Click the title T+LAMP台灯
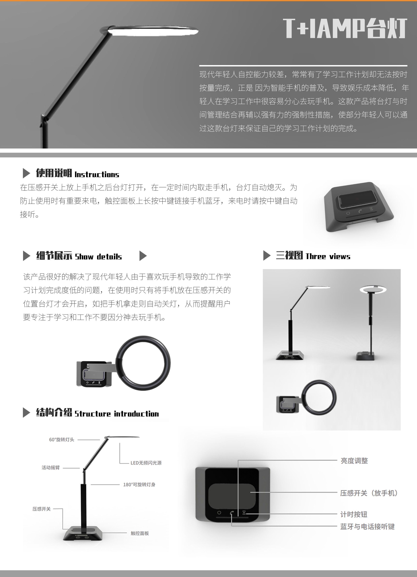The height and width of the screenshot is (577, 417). (x=345, y=29)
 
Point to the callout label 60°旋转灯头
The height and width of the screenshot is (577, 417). (x=62, y=440)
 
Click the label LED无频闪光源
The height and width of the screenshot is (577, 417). (x=146, y=463)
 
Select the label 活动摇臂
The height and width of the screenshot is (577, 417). (x=51, y=468)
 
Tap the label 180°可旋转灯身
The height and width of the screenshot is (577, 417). (x=139, y=485)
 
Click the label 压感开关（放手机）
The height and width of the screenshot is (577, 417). (x=369, y=493)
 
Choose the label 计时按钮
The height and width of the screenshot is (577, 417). (x=354, y=514)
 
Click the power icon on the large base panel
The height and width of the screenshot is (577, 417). (x=219, y=513)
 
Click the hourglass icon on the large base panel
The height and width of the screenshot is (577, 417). (x=244, y=513)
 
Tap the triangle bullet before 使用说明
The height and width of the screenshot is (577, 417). (x=26, y=173)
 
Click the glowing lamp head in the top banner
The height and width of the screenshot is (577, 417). (x=153, y=31)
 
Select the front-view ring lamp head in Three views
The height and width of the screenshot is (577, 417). (x=373, y=290)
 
